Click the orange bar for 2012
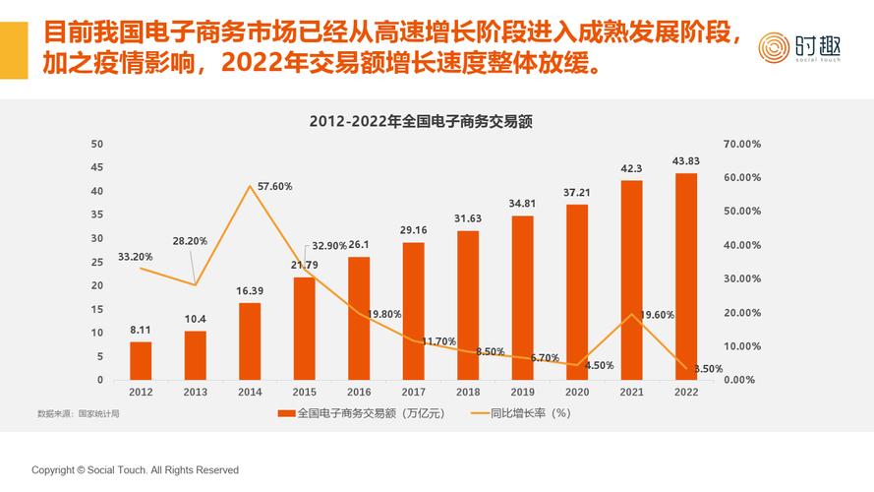(141, 360)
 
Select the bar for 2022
(685, 277)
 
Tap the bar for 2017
(413, 311)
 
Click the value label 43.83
(685, 161)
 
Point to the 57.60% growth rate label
(274, 186)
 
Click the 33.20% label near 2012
(135, 257)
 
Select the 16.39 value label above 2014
(250, 291)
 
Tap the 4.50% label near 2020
(599, 365)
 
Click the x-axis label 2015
(304, 392)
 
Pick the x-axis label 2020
(576, 392)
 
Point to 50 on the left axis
(97, 144)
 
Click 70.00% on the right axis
(741, 144)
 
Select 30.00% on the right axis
(741, 278)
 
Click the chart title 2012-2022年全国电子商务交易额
(420, 122)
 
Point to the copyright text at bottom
(135, 470)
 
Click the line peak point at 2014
(250, 186)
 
